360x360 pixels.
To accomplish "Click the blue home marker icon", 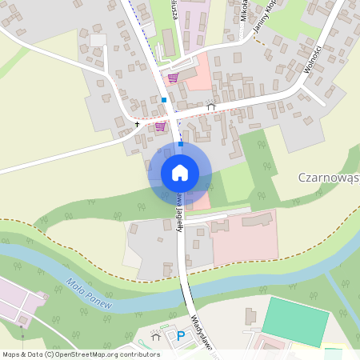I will click(180, 172).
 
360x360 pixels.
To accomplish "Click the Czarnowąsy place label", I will click(328, 177).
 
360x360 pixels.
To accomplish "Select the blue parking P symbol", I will click(181, 336).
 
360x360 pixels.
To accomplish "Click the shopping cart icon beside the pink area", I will click(172, 78).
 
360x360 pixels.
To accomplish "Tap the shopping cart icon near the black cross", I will click(160, 126).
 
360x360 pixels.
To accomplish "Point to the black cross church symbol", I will click(137, 125).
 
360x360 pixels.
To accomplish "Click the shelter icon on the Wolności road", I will click(210, 103).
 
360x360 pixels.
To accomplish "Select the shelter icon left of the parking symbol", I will click(156, 336).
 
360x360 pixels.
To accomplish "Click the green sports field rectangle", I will click(295, 322).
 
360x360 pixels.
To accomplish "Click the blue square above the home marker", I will click(181, 144).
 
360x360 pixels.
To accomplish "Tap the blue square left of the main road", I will click(163, 99).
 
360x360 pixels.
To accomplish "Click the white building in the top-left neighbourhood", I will click(98, 40).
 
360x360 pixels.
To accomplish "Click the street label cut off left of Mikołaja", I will click(175, 11).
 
